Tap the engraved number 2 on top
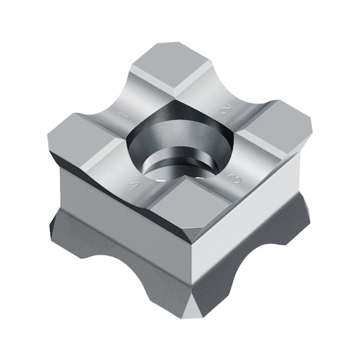(223, 109)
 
